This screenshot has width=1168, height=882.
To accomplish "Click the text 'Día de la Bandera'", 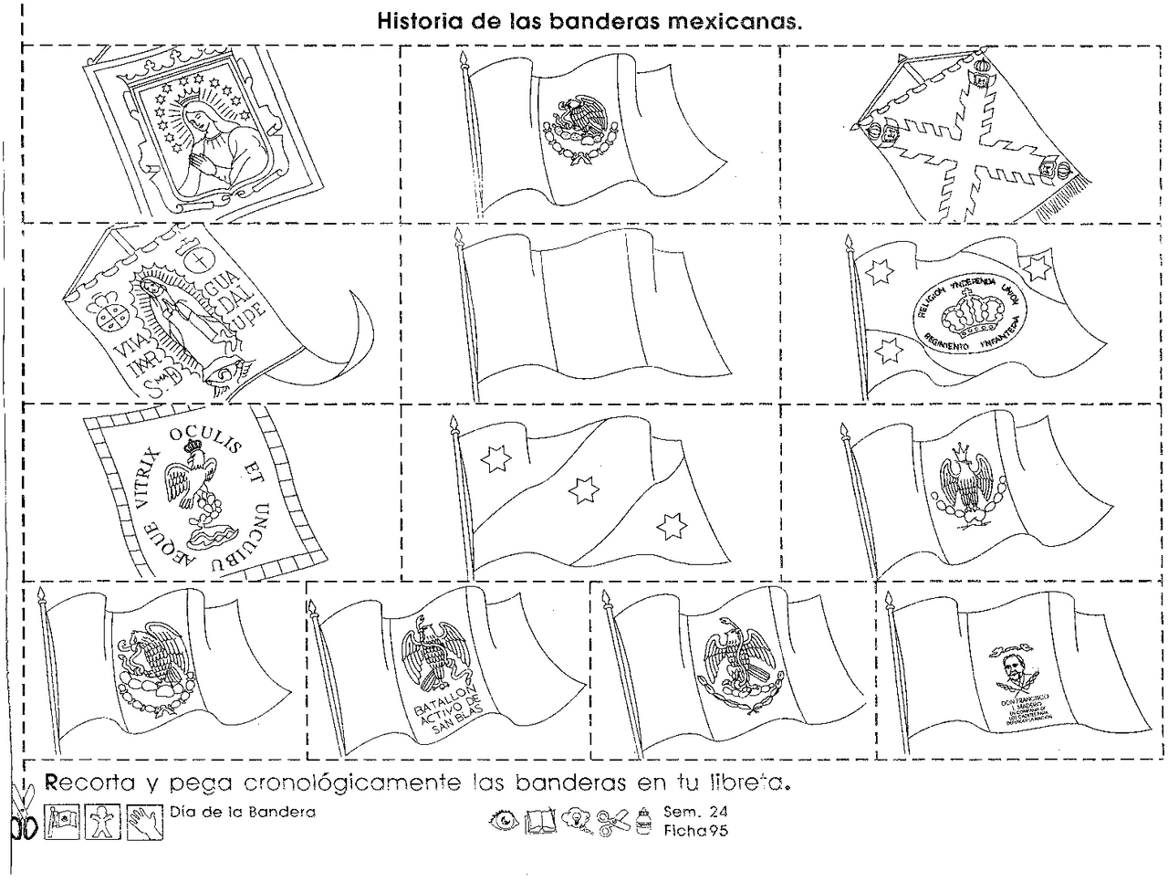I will [242, 812].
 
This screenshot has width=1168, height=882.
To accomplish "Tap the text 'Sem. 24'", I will [695, 812].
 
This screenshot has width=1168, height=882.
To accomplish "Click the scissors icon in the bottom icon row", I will [614, 822].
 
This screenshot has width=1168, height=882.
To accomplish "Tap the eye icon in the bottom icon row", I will [503, 821].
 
